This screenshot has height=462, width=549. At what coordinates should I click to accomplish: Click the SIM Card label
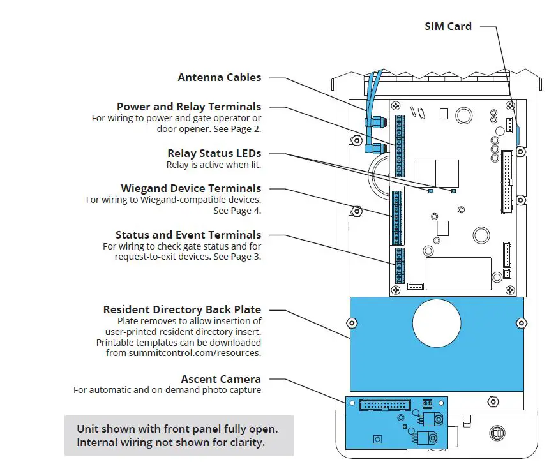(x=448, y=26)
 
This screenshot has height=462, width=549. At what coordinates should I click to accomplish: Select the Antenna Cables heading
(x=219, y=77)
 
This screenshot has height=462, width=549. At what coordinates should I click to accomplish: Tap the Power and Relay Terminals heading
(x=188, y=107)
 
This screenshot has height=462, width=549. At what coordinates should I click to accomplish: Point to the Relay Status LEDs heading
(x=214, y=153)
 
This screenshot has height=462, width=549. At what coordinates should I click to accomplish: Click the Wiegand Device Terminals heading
(x=191, y=188)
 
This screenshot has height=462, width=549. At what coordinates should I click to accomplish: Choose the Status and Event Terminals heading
(x=188, y=235)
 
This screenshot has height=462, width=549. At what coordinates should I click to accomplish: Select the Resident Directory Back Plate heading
(x=182, y=309)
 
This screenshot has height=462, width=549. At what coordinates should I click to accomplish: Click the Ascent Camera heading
(x=221, y=379)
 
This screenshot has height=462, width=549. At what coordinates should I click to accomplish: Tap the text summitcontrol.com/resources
(x=195, y=352)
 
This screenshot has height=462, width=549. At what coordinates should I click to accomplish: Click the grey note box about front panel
(x=179, y=436)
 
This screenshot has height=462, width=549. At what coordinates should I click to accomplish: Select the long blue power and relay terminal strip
(x=400, y=146)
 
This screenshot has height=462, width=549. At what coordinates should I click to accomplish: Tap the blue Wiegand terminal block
(x=397, y=217)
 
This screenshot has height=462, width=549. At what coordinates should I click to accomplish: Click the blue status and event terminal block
(x=398, y=265)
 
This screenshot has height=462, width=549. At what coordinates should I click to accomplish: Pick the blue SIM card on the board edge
(x=517, y=135)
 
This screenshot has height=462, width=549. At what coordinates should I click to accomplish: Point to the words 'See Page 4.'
(x=237, y=211)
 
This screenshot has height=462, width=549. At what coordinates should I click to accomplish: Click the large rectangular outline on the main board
(x=458, y=274)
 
